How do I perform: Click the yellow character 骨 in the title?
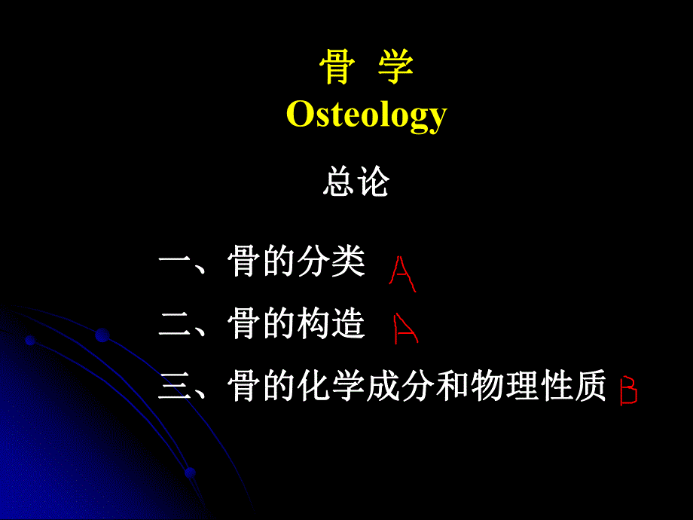(336, 69)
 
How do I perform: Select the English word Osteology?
(367, 115)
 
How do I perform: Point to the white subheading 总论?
(356, 183)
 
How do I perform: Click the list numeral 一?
(175, 265)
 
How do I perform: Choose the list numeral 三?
(175, 388)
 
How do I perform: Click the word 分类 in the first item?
(331, 263)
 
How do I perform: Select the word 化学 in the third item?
(331, 387)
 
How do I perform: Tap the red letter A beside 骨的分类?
(401, 274)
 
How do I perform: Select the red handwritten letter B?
(627, 391)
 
